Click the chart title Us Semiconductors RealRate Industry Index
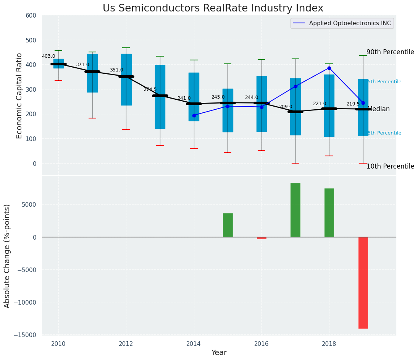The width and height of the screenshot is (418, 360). [x=213, y=8]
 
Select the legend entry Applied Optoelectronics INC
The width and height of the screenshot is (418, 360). [x=350, y=23]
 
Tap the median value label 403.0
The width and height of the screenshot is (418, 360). [x=48, y=57]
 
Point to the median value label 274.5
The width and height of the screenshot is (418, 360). [x=150, y=89]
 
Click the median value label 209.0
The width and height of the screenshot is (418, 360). [x=286, y=107]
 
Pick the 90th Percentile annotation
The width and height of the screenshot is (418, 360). [x=390, y=52]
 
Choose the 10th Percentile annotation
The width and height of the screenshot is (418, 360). [x=390, y=167]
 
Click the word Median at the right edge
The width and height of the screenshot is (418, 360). [x=378, y=109]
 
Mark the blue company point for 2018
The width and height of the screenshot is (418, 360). [x=329, y=68]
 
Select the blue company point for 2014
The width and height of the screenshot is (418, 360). [x=194, y=115]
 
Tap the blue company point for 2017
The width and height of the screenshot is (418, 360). [x=295, y=86]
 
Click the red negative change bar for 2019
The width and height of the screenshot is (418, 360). [x=363, y=283]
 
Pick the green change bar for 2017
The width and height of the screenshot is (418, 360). [x=295, y=210]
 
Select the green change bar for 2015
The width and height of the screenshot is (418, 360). [x=228, y=225]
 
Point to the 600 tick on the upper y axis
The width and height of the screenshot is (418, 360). [x=31, y=16]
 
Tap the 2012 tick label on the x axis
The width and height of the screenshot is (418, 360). [x=126, y=344]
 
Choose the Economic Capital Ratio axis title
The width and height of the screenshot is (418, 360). [x=19, y=96]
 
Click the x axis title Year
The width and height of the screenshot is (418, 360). [x=219, y=353]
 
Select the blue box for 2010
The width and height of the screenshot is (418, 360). [x=58, y=63]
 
